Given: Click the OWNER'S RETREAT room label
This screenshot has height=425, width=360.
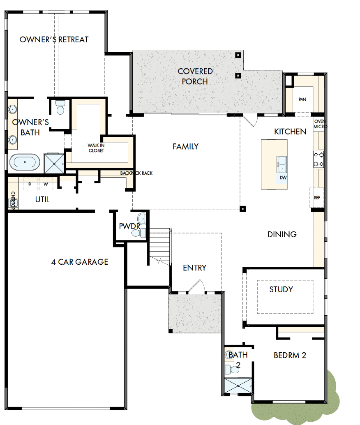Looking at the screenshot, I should tap(54, 39).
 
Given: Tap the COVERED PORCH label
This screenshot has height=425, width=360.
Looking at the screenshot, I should tap(195, 76).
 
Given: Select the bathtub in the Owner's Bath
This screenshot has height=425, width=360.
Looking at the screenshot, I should tap(24, 162).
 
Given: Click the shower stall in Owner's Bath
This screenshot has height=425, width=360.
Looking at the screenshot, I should tap(54, 163).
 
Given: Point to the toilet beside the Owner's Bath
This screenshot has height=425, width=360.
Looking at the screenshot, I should tap(60, 108).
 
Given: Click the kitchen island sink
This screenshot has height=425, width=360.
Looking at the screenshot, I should tap(282, 164).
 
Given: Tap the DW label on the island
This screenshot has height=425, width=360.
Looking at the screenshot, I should tap(283, 178).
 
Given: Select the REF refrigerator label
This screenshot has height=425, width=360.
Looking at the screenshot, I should tap(316, 198).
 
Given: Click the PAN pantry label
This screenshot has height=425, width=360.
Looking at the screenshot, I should tap(302, 99).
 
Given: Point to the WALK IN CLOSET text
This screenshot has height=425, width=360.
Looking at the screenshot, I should tap(96, 148).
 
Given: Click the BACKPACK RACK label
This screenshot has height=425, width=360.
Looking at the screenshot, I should tap(136, 173).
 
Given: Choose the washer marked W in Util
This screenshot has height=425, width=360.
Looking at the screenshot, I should tap(46, 184).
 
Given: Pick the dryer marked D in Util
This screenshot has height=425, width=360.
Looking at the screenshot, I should tap(30, 184).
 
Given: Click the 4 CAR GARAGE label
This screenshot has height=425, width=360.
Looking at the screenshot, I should tap(80, 261).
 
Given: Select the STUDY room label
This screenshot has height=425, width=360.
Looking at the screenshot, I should tap(281, 289).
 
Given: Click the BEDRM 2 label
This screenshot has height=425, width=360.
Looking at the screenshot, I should tap(290, 355).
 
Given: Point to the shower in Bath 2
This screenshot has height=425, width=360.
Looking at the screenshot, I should tap(238, 386).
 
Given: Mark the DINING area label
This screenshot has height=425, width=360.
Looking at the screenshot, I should tap(282, 234).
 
